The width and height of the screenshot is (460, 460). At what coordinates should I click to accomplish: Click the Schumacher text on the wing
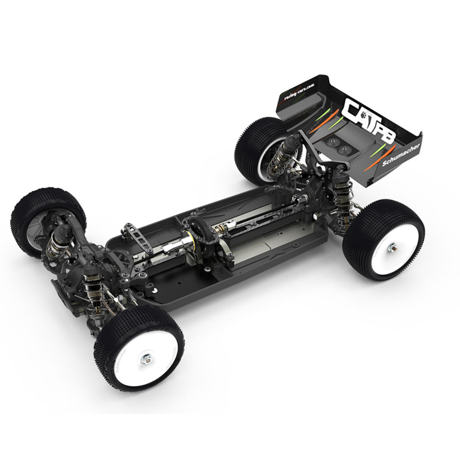click(x=401, y=157)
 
